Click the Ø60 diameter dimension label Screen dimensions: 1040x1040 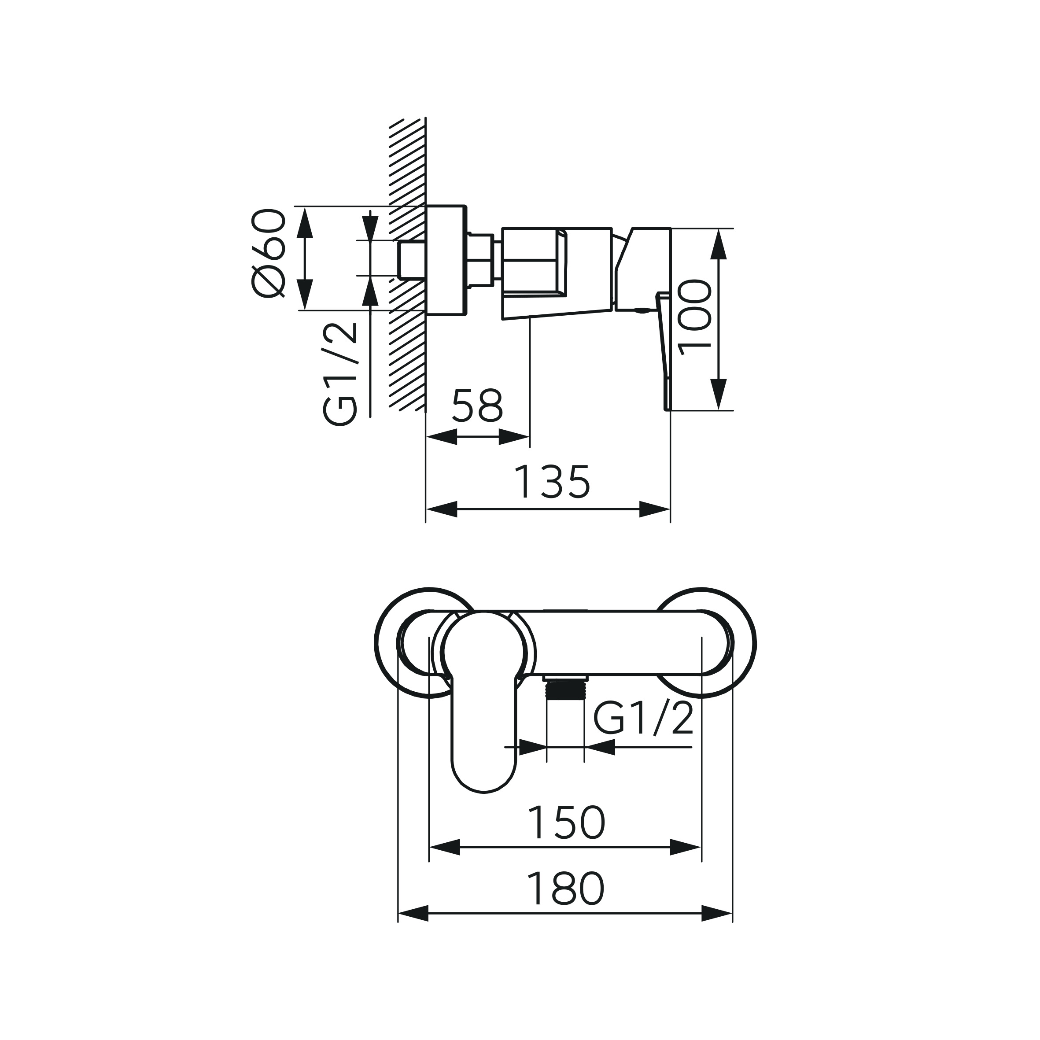click(268, 253)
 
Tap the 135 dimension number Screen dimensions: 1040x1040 click(552, 481)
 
